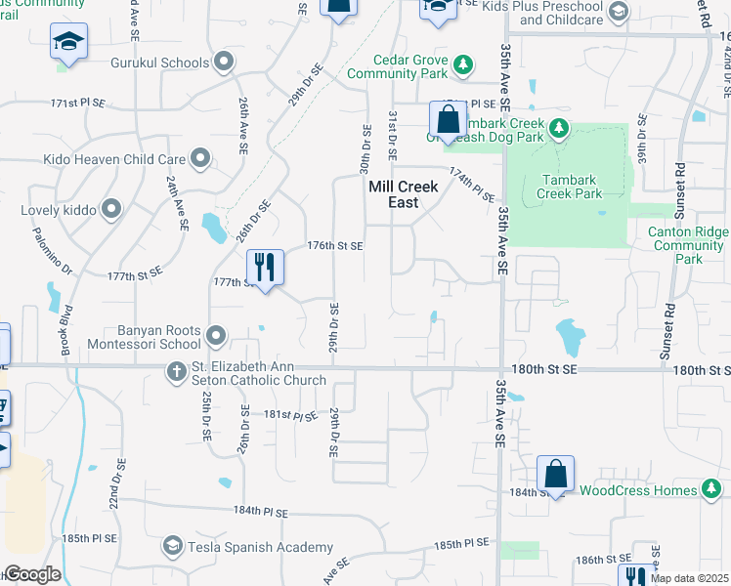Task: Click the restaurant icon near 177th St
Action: coord(264,266)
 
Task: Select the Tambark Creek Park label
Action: coord(570,187)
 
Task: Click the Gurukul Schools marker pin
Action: coord(225,63)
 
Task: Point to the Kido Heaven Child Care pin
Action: coord(200,158)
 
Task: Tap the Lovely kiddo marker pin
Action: coord(110,208)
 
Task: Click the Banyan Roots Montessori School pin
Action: coord(215,337)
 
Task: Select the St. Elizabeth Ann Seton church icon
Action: coord(176,370)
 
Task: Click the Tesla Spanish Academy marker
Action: coord(173,545)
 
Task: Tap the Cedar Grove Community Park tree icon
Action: coord(464,65)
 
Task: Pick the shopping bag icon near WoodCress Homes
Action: coord(555,476)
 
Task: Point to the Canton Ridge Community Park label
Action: coord(689,245)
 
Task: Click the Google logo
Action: coord(31,574)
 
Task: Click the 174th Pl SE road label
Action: coord(473,184)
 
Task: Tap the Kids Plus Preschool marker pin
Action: coord(617,12)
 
